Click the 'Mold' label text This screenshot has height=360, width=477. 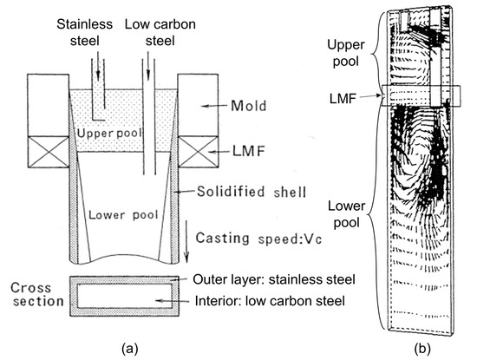coord(249,106)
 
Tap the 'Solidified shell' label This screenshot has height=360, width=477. coord(252,192)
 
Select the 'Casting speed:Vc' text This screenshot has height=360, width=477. coord(258,239)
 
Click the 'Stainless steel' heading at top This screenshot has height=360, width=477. coord(85,33)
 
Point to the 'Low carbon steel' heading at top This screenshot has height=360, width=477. coord(160,33)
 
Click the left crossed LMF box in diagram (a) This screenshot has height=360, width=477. coord(49,152)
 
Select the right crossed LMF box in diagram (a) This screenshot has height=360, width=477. coord(198,152)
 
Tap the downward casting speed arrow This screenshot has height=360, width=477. coord(186,241)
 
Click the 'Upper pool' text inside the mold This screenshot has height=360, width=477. coord(109,134)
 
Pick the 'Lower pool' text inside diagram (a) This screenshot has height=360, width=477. coord(123,215)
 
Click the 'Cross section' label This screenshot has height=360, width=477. coord(37,294)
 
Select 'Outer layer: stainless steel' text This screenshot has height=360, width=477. coord(274,279)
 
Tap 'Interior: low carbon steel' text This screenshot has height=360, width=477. coord(270,301)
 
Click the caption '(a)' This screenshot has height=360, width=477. coord(129,348)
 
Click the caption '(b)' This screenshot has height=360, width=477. coord(422,348)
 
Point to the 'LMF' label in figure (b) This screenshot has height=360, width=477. coord(343,98)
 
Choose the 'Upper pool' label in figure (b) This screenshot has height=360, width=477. coord(346,53)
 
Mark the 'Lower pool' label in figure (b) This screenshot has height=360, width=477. coord(347,214)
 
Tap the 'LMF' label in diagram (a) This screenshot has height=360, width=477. coord(249,151)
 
